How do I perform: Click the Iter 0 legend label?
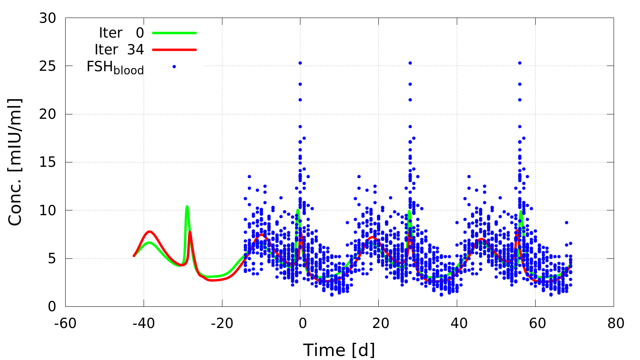click(x=121, y=33)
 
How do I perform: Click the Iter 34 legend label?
click(x=119, y=50)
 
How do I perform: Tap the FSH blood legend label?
click(x=115, y=67)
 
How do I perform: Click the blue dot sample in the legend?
click(x=174, y=66)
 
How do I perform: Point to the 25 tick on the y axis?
click(x=48, y=66)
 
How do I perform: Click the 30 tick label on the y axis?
click(x=48, y=18)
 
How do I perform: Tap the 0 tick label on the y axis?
click(x=52, y=307)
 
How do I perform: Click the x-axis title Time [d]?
click(x=339, y=350)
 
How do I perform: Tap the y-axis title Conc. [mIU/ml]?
click(x=15, y=162)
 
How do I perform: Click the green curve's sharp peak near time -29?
click(x=187, y=207)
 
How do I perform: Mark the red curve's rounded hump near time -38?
click(x=150, y=232)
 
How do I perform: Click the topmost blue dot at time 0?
click(x=300, y=63)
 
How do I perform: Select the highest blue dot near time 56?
click(x=520, y=63)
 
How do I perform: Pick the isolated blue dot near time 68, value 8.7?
click(x=566, y=222)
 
